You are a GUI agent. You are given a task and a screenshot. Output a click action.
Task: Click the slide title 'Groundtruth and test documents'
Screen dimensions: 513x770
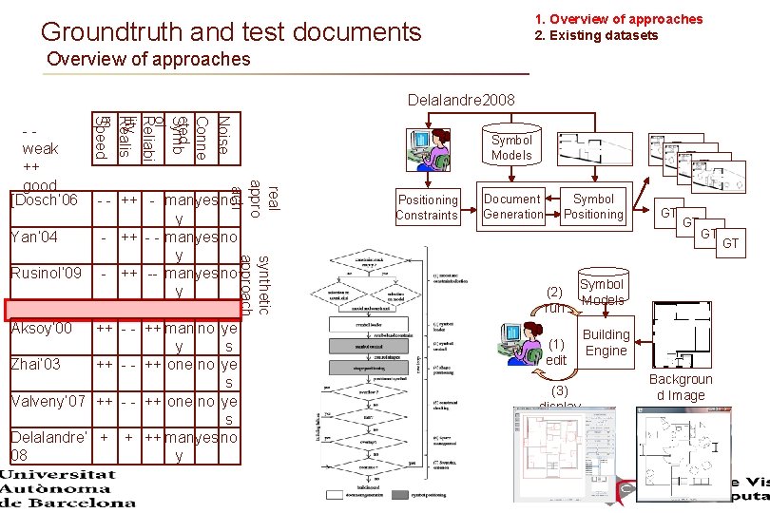point(231,32)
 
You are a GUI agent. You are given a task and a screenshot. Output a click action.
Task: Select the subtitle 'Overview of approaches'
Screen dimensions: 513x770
point(148,60)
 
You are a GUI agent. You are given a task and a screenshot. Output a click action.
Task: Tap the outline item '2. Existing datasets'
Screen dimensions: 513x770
point(596,35)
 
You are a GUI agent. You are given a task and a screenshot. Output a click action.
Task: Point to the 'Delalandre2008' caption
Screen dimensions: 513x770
point(460,100)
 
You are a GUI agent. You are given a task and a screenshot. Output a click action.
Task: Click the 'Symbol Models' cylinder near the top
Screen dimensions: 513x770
point(511,146)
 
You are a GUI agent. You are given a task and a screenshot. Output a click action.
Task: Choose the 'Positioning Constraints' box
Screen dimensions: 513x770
point(428,207)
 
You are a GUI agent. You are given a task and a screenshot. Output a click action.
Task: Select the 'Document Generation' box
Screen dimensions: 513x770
point(512,206)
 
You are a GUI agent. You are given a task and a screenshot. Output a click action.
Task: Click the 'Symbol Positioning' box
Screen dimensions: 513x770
point(593,206)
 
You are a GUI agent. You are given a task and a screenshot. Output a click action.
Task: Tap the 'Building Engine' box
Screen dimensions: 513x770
point(606,342)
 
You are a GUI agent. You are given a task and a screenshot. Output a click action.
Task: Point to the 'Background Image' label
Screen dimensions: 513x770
point(681,388)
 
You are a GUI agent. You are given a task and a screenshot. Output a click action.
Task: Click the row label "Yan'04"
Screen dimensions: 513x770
point(33,237)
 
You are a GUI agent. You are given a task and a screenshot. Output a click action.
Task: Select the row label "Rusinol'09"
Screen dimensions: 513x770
point(45,274)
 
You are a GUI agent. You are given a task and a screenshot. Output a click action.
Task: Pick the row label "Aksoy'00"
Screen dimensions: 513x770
point(40,329)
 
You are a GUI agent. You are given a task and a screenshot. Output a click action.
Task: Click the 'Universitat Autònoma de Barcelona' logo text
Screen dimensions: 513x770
point(70,488)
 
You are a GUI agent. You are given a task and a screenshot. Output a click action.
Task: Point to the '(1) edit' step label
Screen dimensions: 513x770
point(556,351)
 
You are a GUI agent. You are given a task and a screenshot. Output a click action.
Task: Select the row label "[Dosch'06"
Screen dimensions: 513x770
point(43,200)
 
